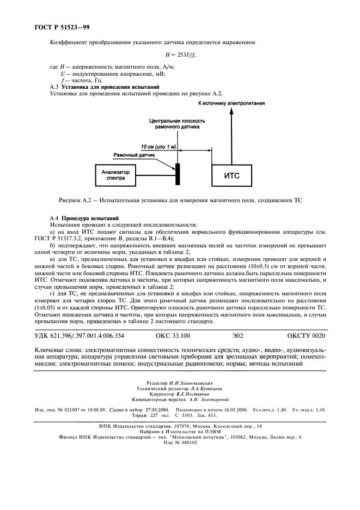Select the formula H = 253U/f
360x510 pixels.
pyautogui.click(x=180, y=54)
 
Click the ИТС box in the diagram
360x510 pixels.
pyautogui.click(x=233, y=176)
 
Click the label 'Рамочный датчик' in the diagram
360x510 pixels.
pyautogui.click(x=134, y=155)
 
